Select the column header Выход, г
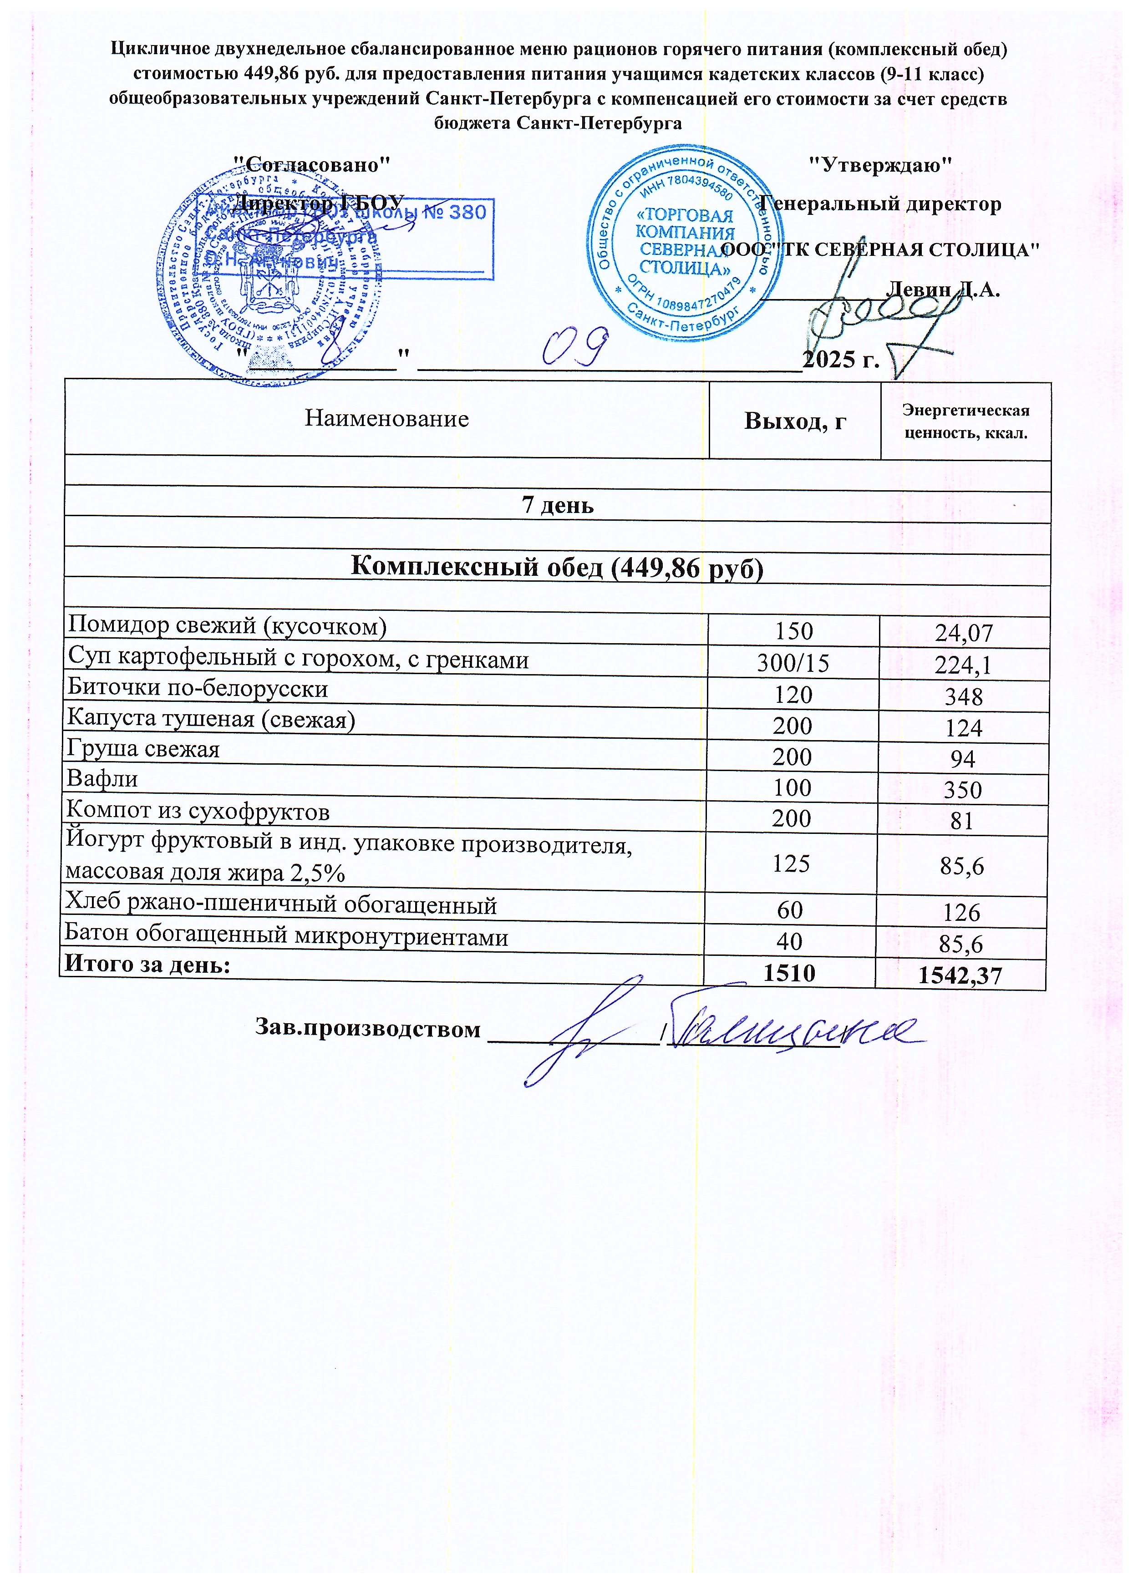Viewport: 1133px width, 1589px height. tap(795, 421)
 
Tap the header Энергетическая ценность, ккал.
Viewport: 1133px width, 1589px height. tap(965, 421)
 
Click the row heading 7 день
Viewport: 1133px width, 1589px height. tap(558, 505)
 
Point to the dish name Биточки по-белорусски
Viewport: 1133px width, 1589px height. tap(198, 689)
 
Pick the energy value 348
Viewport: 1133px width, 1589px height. tap(964, 697)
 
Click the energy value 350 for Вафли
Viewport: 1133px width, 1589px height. tap(962, 790)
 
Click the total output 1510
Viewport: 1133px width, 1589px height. tap(790, 972)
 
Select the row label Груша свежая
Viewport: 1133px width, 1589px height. tap(143, 749)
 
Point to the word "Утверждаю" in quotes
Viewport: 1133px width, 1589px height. tap(880, 165)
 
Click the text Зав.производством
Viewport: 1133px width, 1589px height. tap(368, 1029)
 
